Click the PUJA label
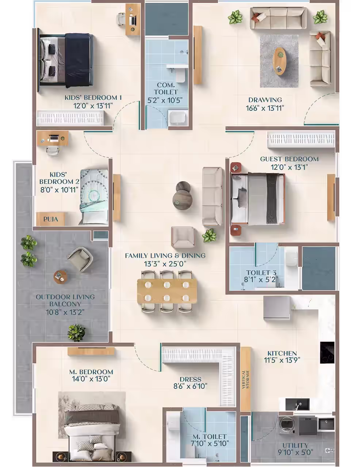[51, 219]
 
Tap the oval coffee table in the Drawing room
[279, 61]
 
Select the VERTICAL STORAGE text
[245, 379]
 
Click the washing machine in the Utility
[287, 425]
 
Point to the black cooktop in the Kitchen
[327, 353]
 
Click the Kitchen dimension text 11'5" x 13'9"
[282, 360]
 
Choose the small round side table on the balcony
[60, 277]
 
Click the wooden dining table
[167, 292]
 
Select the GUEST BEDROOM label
[290, 159]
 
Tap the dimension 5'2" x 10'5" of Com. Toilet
[165, 100]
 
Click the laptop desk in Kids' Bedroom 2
[53, 138]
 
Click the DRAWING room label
[265, 100]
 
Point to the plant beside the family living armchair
[209, 235]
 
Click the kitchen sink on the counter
[297, 404]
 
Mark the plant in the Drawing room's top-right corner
[320, 17]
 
